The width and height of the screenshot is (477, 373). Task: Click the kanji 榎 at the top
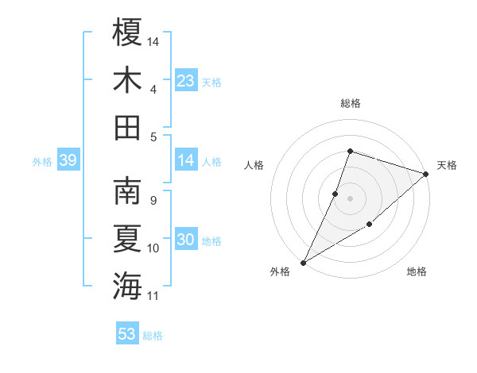coord(127,33)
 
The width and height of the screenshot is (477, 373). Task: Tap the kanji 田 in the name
coord(127,127)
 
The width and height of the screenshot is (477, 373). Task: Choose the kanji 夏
coord(127,239)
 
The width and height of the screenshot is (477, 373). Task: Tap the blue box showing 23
coord(185,81)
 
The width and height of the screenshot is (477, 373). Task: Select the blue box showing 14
coord(185,161)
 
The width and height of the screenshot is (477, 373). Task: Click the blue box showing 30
coord(185,240)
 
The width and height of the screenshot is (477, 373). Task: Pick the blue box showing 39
coord(68,161)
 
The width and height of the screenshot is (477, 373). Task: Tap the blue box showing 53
coord(127,334)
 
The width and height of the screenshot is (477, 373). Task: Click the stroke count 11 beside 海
coord(153,296)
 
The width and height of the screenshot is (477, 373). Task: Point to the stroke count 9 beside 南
coord(153,200)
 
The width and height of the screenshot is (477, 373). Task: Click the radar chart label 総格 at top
coord(350,104)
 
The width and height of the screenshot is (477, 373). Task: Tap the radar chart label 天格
coord(447,165)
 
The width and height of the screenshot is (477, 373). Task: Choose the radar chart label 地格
coord(417,272)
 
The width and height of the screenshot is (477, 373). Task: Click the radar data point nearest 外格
coord(303,262)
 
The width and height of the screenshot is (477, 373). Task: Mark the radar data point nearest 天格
coord(426,174)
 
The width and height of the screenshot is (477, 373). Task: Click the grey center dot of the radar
coord(350,198)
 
